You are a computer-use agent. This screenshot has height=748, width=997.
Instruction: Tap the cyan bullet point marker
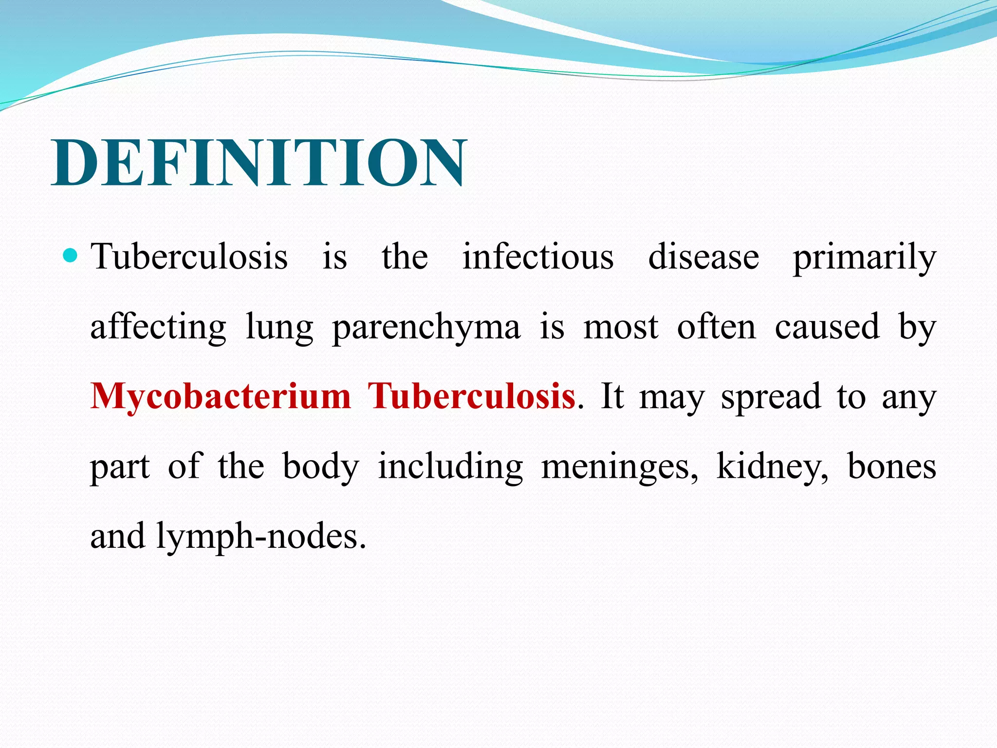(x=71, y=255)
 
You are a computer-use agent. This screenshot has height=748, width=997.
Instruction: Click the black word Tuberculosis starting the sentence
(x=189, y=257)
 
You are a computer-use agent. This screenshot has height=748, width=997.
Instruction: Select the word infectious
(x=537, y=257)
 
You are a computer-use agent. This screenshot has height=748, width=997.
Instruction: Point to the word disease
(x=703, y=257)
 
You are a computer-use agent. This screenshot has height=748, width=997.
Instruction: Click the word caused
(x=827, y=326)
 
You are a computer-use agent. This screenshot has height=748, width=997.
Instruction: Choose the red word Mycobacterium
(x=221, y=396)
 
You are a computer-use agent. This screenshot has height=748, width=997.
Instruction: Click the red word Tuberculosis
(x=471, y=395)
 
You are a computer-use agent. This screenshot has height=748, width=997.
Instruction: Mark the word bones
(x=891, y=466)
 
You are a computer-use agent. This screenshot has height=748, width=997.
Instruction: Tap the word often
(x=717, y=326)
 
